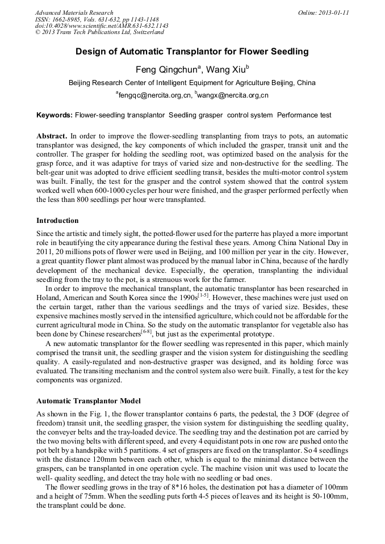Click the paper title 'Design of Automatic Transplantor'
(x=192, y=52)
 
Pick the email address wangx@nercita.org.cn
(x=232, y=95)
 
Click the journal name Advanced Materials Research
(x=74, y=12)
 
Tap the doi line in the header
(x=101, y=26)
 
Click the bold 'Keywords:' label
(x=55, y=115)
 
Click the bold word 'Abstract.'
(x=52, y=137)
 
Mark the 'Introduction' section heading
(x=57, y=220)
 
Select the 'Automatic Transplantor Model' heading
(x=88, y=400)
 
